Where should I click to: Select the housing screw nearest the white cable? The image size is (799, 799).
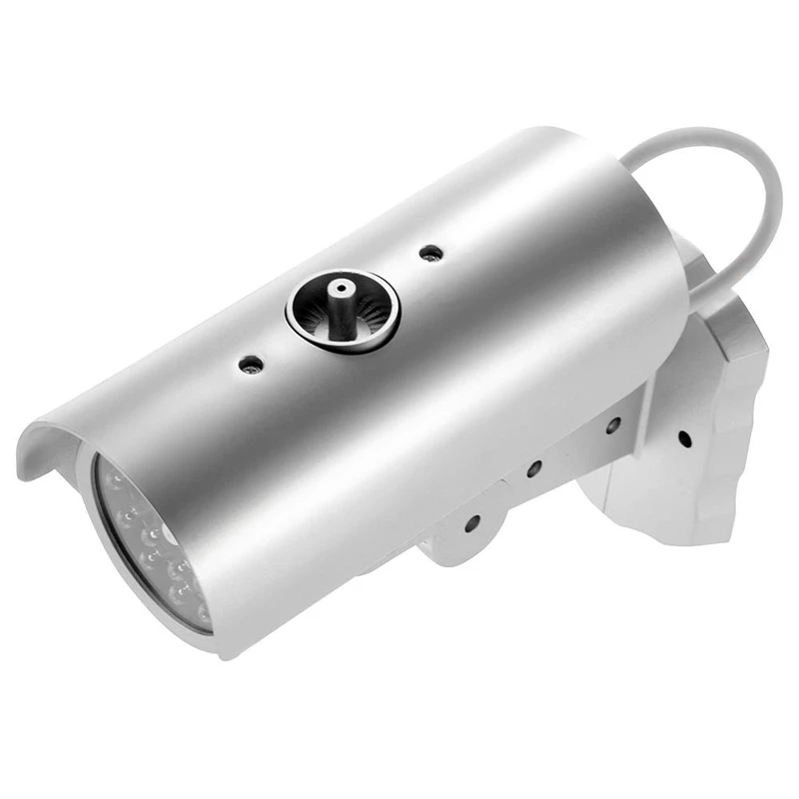429,252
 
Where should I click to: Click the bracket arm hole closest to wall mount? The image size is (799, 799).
612,423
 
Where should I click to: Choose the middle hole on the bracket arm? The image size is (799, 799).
535,466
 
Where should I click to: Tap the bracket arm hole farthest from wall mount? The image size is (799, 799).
471,520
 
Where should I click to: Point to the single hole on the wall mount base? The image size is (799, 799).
685,437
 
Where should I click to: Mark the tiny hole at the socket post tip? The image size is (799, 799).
341,287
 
